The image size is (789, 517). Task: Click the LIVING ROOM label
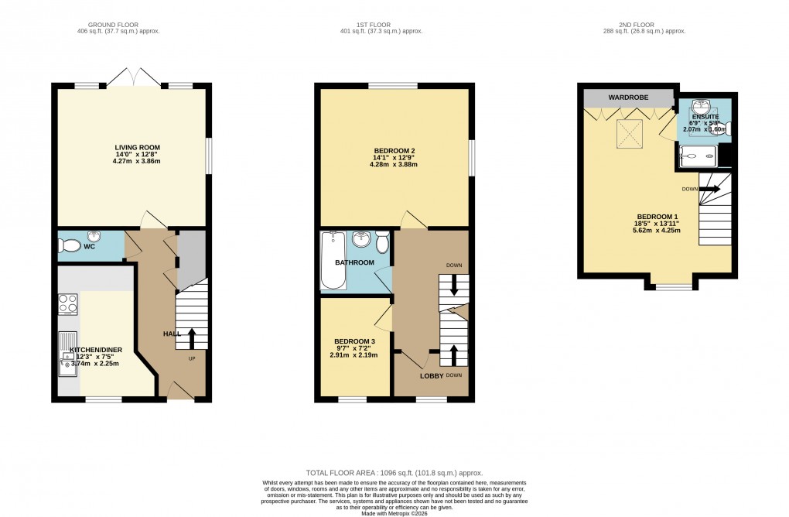click(131, 147)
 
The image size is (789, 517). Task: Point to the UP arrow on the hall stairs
click(191, 337)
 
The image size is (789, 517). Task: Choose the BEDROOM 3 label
click(354, 341)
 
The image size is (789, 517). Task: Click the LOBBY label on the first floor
click(431, 375)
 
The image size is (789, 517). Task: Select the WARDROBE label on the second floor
click(627, 98)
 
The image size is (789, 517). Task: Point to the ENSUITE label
click(705, 116)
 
